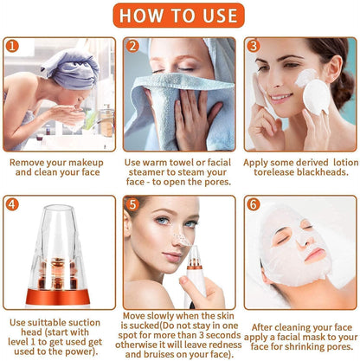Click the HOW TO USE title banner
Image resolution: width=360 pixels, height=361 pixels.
[180, 16]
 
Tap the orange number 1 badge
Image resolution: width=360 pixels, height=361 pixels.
[11, 46]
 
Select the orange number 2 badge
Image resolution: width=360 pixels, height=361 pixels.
[132, 46]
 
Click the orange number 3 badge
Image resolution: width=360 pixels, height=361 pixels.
[253, 46]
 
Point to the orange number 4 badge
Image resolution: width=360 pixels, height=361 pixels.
[11, 204]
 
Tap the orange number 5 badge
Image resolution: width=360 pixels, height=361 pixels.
[132, 204]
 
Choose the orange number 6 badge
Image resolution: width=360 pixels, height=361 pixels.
[253, 204]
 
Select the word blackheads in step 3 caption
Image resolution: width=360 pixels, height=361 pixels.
[322, 172]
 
